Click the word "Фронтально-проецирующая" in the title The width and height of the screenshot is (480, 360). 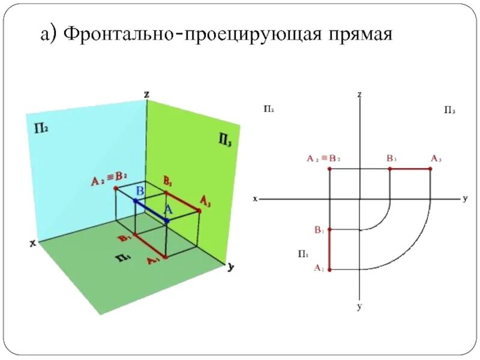[x=187, y=34]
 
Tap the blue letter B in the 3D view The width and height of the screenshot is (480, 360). [x=139, y=191]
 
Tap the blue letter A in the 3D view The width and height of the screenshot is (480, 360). [x=168, y=210]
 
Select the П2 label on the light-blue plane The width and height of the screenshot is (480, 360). [x=41, y=129]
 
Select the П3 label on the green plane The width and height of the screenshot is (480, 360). [x=226, y=140]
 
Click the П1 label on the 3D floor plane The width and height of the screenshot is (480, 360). [x=124, y=259]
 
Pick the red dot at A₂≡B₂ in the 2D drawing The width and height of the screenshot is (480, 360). [x=329, y=169]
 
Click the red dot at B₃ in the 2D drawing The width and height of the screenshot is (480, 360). [x=390, y=169]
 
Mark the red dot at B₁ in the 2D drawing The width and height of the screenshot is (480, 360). [x=329, y=230]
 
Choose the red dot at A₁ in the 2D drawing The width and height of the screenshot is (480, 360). [x=329, y=269]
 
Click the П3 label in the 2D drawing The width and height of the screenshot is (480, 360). [x=449, y=110]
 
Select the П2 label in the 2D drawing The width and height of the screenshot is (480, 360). [x=268, y=109]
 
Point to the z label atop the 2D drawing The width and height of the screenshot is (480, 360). [x=359, y=94]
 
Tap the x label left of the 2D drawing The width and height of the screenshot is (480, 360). [x=255, y=199]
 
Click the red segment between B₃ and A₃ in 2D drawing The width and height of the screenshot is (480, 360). [x=410, y=169]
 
